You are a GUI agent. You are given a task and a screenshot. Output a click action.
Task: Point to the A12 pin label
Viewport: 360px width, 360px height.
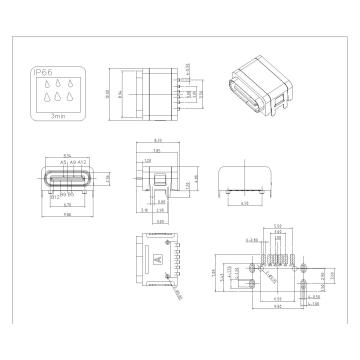(83, 163)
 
